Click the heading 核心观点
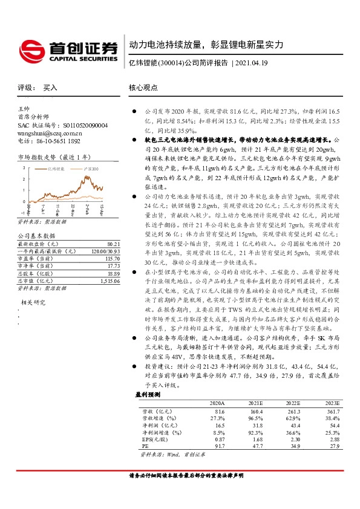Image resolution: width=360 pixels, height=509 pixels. point(143,88)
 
